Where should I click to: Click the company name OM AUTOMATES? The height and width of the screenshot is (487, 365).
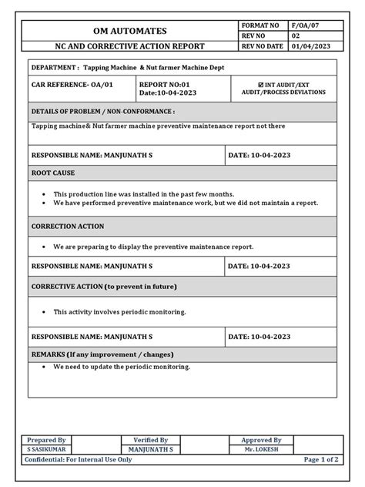(x=129, y=31)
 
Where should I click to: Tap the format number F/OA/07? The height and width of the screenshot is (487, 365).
(x=307, y=25)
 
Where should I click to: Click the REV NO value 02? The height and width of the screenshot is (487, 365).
(x=296, y=36)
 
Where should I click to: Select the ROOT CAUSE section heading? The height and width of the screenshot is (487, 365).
(x=52, y=173)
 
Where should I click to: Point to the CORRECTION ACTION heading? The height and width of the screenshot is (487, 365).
(x=67, y=227)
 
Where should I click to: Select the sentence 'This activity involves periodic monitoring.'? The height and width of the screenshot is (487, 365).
(x=119, y=312)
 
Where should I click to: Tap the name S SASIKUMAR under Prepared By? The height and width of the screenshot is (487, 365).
(x=46, y=448)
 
